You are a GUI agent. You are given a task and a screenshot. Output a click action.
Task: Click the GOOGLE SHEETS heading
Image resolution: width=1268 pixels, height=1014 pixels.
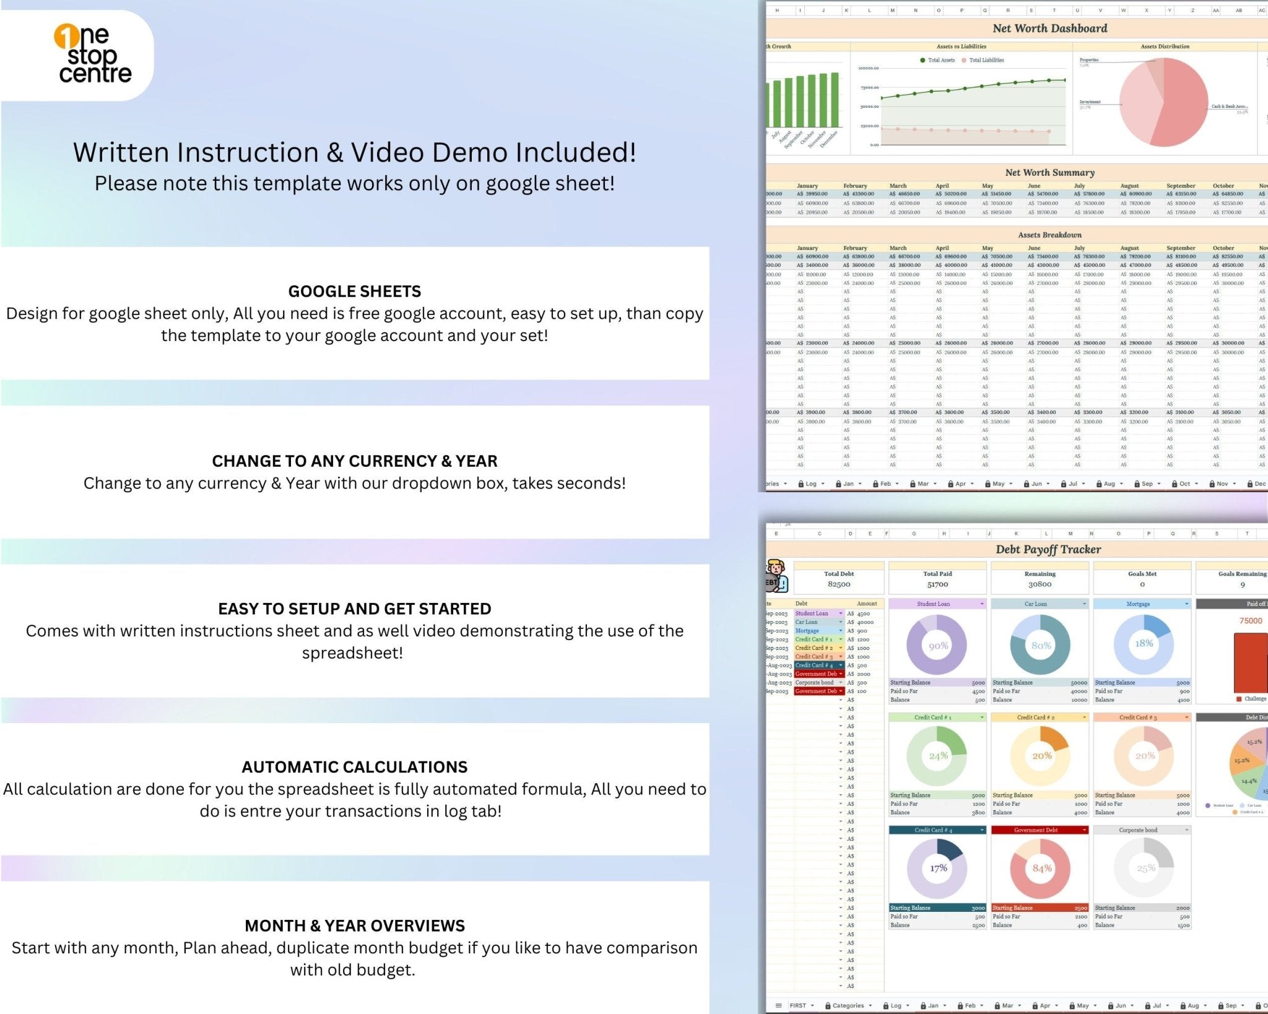point(354,291)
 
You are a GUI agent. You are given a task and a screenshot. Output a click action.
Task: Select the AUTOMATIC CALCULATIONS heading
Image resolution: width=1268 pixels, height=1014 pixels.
point(354,766)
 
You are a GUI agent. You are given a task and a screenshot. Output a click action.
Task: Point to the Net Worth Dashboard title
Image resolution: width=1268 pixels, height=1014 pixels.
point(1049,28)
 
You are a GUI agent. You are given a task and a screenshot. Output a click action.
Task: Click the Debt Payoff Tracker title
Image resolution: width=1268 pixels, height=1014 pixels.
point(1048,549)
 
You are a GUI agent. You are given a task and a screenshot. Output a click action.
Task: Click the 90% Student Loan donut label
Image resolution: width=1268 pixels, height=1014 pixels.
point(938,646)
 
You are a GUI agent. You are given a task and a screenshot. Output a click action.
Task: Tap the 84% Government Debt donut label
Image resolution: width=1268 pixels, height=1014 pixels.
point(1042,868)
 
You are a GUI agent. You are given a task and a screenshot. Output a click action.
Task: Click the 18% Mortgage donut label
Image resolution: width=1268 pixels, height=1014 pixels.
point(1144,643)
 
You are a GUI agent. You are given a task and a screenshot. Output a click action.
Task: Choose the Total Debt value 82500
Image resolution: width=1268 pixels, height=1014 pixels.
point(839,584)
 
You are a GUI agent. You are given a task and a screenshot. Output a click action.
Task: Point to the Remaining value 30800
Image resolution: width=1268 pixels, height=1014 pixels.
point(1040,584)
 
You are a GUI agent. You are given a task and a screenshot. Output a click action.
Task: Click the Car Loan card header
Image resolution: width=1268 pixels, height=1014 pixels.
point(1036,604)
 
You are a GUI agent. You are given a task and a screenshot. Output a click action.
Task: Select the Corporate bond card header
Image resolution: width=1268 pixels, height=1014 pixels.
point(1138,830)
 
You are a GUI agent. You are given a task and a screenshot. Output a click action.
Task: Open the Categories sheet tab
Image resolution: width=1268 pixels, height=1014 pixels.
point(848,1005)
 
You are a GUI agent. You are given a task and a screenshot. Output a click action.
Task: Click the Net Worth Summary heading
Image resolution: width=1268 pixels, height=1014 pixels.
point(1049,173)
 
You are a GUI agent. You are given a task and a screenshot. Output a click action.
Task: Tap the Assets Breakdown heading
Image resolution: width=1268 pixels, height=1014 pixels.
point(1049,235)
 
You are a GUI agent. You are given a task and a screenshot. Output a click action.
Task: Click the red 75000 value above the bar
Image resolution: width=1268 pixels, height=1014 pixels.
point(1250,620)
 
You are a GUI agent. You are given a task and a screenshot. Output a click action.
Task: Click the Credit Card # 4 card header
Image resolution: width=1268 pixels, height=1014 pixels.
point(934,830)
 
